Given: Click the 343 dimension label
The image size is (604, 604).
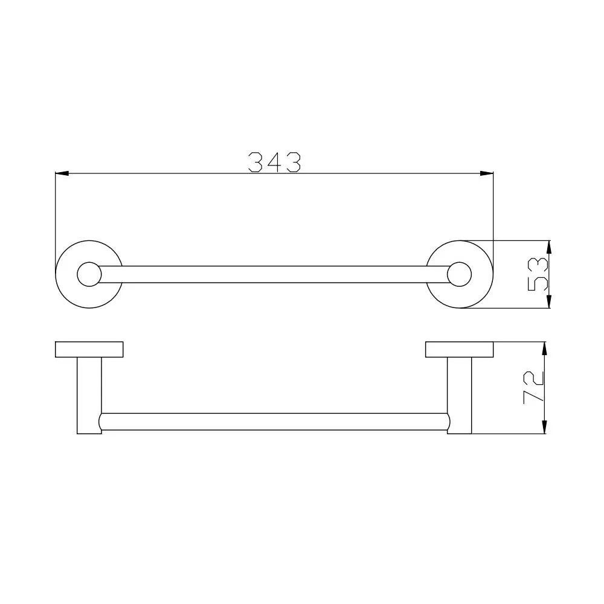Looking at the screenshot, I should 274,162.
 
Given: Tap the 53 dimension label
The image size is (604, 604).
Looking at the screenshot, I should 537,274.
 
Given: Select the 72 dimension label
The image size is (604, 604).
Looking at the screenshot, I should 535,388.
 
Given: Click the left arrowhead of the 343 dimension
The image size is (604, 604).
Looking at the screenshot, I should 61,174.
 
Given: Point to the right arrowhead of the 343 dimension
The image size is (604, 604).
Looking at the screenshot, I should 487,174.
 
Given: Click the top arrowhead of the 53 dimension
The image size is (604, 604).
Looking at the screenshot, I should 548,246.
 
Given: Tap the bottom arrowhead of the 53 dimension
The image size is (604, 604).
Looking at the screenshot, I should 548,303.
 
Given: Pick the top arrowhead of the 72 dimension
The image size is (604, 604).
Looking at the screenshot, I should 545,347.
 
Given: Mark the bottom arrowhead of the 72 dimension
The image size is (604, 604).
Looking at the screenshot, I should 545,428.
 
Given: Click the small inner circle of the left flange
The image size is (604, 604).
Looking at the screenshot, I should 89,274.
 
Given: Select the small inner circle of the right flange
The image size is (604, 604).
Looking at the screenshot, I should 460,274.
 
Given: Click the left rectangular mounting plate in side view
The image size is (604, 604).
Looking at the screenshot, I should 89,350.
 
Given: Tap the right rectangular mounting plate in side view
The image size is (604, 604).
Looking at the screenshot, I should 460,350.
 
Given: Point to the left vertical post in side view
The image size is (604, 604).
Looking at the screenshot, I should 89,396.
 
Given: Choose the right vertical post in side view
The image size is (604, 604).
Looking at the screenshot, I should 460,396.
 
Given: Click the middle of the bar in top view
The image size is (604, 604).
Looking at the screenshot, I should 274,274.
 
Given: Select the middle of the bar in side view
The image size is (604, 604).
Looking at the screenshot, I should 274,422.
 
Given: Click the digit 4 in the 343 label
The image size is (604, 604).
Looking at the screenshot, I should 274,162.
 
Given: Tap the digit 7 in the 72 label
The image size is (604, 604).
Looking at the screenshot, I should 535,396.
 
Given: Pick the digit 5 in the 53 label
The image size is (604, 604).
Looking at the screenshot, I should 537,283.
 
